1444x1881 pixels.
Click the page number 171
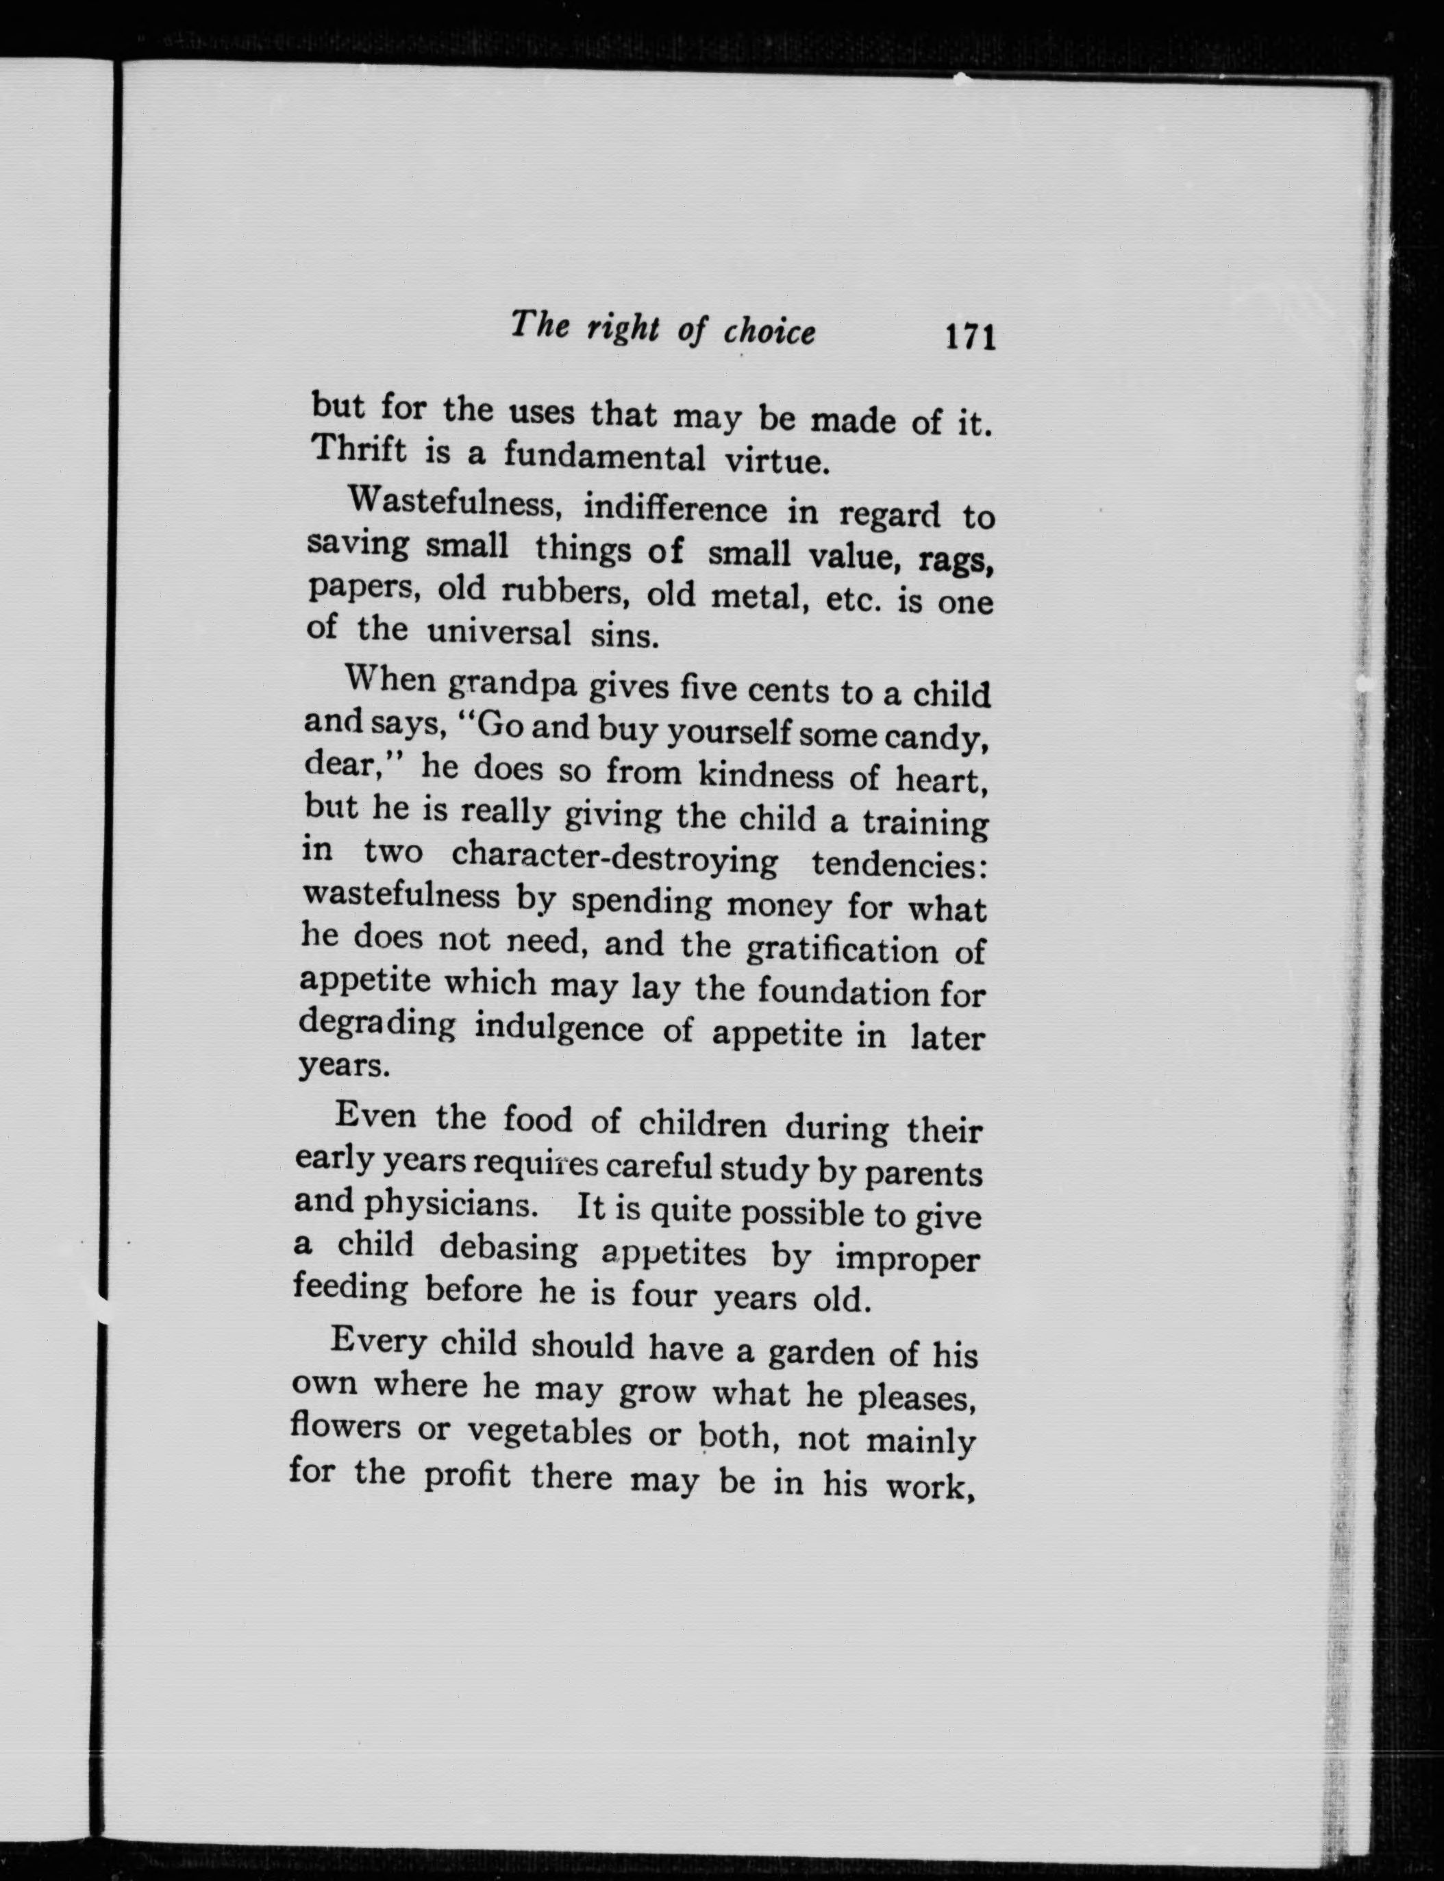click(x=969, y=336)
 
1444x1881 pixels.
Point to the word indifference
click(x=675, y=510)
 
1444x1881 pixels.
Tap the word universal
click(x=499, y=634)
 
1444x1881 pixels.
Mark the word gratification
click(x=840, y=949)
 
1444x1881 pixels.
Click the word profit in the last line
click(x=466, y=1475)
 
